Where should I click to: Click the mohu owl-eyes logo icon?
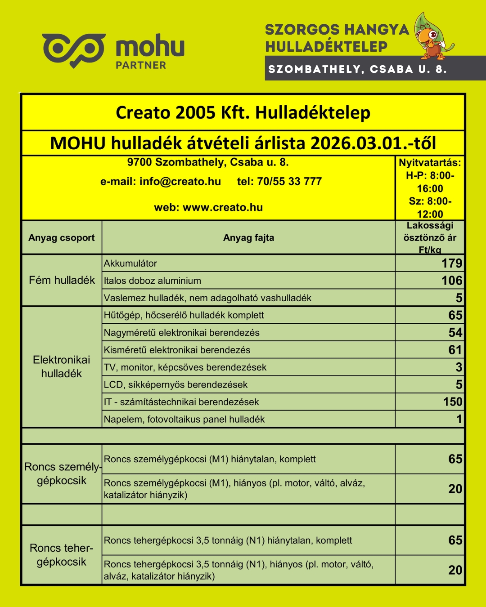click(x=73, y=49)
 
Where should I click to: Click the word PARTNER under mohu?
click(x=141, y=66)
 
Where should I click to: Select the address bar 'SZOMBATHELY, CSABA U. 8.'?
click(x=358, y=69)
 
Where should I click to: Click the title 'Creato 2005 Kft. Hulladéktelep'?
click(x=243, y=112)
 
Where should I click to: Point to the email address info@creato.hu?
click(x=161, y=182)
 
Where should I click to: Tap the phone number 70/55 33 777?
click(x=279, y=182)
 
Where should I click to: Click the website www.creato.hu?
click(x=208, y=208)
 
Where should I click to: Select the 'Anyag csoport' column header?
click(x=62, y=238)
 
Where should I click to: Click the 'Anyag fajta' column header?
click(x=248, y=238)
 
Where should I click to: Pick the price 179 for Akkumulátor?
click(x=451, y=263)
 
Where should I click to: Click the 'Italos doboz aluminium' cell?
click(x=153, y=281)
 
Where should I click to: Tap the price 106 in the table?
click(x=451, y=281)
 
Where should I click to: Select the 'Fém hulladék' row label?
click(x=62, y=281)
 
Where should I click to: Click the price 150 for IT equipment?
click(x=452, y=402)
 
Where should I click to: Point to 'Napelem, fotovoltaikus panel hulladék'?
click(x=184, y=420)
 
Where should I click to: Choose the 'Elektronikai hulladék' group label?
click(x=62, y=366)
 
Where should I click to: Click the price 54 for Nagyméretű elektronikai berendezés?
click(x=455, y=333)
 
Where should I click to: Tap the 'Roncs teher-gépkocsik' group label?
click(x=62, y=555)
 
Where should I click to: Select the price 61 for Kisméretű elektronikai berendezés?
click(x=455, y=350)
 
